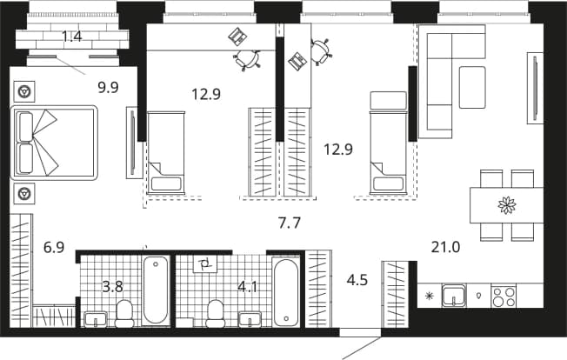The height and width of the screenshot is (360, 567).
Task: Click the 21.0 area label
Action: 445,248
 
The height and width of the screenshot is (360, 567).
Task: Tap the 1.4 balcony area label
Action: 71,37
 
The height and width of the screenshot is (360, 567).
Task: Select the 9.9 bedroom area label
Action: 108,88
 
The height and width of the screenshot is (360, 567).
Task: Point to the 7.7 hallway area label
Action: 290,223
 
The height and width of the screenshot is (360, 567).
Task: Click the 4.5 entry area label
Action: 357,280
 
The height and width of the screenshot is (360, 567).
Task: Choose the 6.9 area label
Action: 54,248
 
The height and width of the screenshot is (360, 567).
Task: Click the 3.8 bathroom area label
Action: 112,287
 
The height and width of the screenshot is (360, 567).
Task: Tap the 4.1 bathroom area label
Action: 247,287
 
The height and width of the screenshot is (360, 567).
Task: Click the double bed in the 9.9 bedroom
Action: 54,143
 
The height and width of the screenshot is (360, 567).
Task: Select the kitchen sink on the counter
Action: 453,296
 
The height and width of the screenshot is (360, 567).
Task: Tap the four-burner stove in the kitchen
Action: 504,297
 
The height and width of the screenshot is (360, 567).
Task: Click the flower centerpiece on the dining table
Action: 507,205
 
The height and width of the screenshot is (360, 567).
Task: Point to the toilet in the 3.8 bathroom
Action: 124,313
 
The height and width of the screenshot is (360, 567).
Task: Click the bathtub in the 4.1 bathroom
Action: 286,292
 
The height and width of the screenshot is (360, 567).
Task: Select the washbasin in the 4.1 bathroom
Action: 250,319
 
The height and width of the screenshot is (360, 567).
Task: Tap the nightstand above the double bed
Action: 24,91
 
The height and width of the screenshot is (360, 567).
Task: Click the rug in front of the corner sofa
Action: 472,88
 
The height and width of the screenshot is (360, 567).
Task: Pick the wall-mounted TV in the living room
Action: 535,88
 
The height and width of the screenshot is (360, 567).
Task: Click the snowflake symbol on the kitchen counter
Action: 430,297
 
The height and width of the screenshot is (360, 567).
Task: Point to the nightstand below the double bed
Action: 24,194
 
